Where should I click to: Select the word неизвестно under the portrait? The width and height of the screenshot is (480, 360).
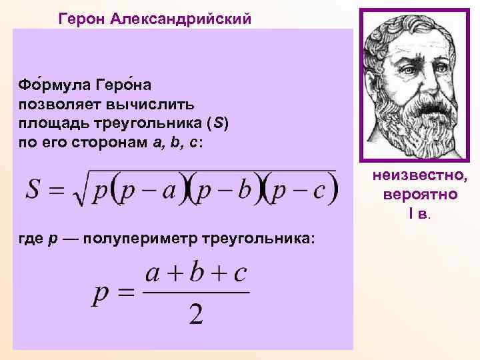point(421,177)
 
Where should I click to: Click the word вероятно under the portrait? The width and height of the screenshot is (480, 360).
point(421,195)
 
